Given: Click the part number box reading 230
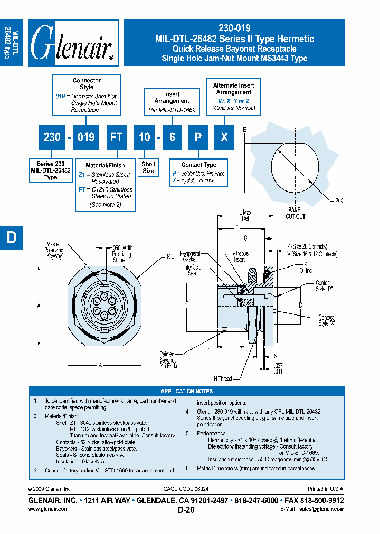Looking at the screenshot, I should [52, 137].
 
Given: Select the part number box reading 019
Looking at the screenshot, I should [86, 137].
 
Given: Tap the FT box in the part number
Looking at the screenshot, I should [116, 137].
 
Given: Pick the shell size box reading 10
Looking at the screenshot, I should [145, 137].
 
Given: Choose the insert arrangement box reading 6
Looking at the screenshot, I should [172, 137].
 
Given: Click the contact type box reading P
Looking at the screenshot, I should [198, 137].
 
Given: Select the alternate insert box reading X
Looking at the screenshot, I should [224, 137].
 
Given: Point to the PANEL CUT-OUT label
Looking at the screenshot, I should [296, 213].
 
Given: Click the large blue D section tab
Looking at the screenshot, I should [11, 238].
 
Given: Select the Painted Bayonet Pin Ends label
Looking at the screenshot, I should [168, 360].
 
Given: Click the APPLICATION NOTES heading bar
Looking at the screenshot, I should [187, 391].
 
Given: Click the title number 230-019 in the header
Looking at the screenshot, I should [234, 28].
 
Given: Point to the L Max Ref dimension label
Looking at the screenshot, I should [245, 215].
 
